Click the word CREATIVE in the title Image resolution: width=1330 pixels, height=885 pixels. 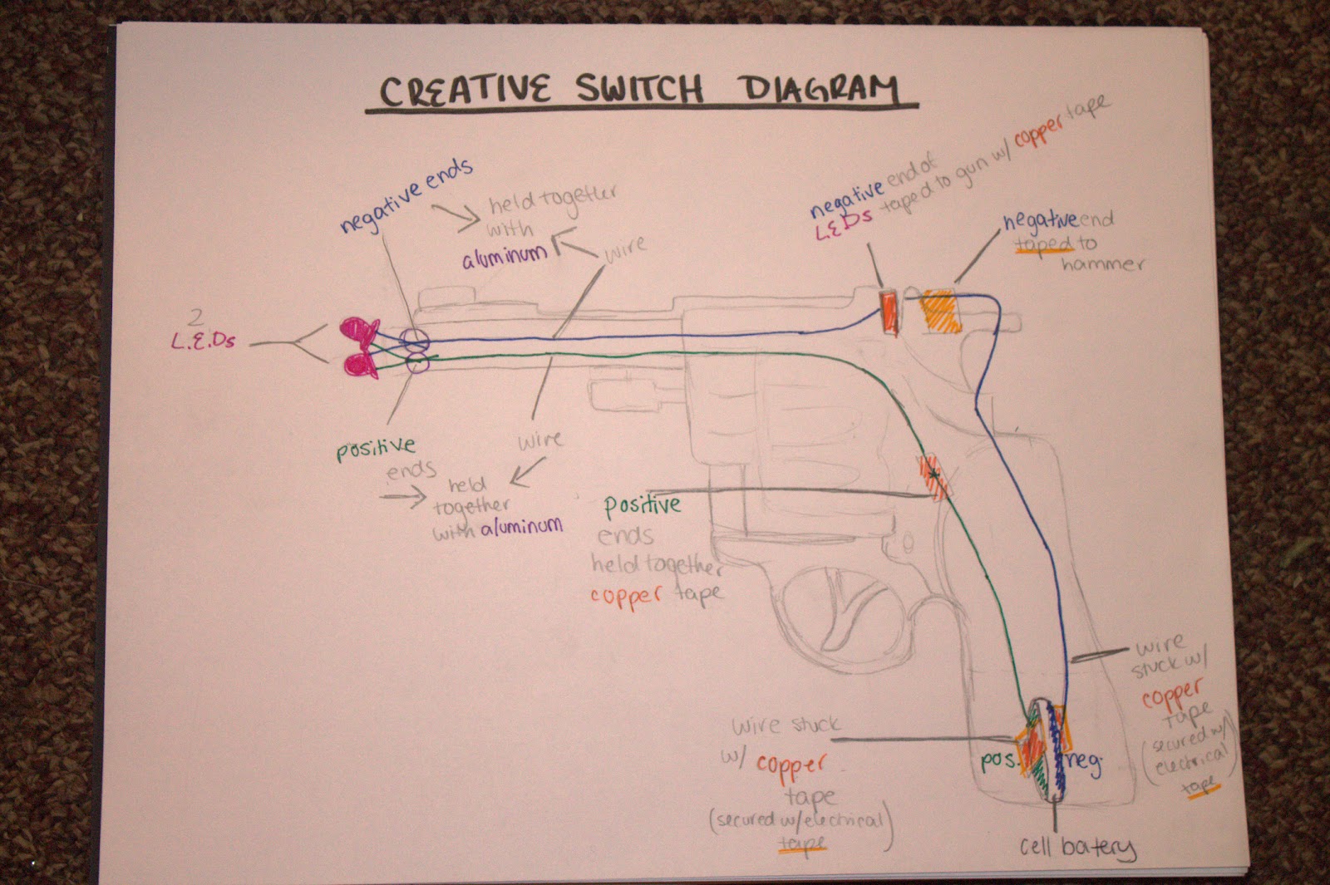click(x=465, y=89)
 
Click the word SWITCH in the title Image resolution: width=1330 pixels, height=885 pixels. click(x=640, y=89)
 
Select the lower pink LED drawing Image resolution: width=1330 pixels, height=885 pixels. click(x=359, y=364)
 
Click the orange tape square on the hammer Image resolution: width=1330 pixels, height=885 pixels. click(x=938, y=312)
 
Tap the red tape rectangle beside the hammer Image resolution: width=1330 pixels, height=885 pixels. click(x=889, y=312)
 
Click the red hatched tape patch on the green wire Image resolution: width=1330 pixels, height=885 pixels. click(x=933, y=475)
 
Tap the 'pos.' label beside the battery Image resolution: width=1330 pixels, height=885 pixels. click(x=997, y=760)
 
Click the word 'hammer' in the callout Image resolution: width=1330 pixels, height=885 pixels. click(x=1101, y=264)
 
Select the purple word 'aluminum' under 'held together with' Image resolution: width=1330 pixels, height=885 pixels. click(x=505, y=257)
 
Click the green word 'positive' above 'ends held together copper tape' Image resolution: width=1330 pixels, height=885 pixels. click(x=642, y=504)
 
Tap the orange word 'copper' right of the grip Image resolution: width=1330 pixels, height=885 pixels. click(x=1172, y=694)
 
